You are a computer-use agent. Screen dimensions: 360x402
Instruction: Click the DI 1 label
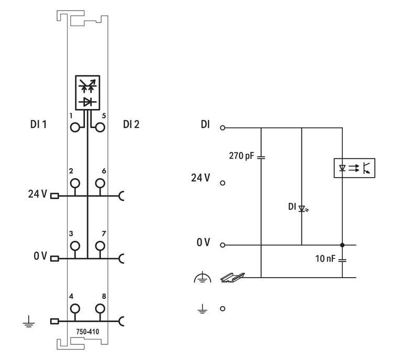[x=39, y=124]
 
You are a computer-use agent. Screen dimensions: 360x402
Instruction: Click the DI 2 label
[x=131, y=124]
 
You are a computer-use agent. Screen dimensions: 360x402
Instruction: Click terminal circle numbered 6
[x=100, y=183]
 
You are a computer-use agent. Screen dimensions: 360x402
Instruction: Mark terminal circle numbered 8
[x=100, y=308]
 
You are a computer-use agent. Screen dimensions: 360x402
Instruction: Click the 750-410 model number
[x=87, y=332]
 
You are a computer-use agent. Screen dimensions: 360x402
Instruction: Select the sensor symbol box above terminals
[x=88, y=93]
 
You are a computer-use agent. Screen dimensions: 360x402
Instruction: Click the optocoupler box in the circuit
[x=354, y=168]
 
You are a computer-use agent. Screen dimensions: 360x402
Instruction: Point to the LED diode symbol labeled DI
[x=302, y=208]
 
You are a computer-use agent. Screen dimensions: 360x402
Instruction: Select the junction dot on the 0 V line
[x=342, y=245]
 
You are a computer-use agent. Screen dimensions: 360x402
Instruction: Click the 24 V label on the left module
[x=37, y=194]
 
